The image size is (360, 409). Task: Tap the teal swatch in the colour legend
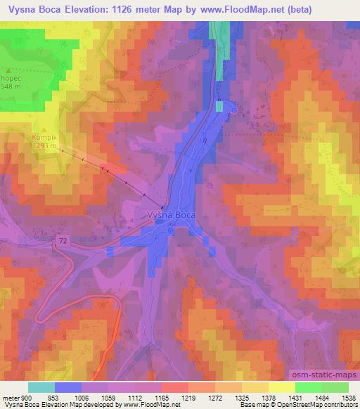pyautogui.click(x=41, y=388)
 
